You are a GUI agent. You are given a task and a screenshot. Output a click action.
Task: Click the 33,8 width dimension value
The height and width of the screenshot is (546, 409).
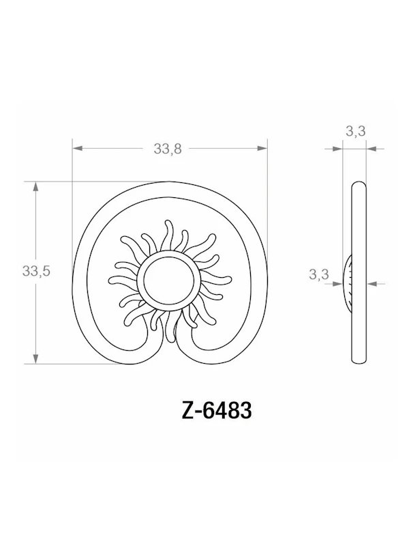(x=167, y=149)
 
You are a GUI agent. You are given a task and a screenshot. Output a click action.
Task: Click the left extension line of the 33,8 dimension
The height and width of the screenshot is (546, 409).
(x=72, y=171)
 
